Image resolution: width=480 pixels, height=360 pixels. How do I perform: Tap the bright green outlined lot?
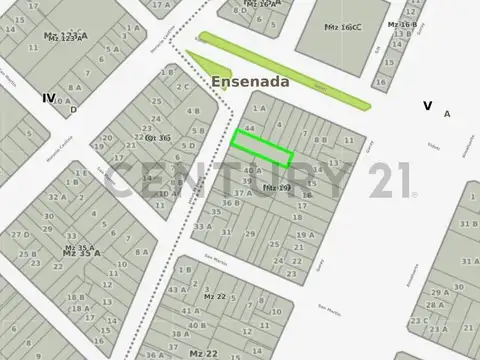coord(263,148)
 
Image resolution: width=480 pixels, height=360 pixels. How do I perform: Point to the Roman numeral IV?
coord(48,98)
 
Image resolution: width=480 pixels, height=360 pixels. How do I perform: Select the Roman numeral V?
coord(427,104)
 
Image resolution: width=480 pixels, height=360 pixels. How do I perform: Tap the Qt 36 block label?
coord(158,137)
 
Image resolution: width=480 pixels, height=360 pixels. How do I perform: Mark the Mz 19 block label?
coord(276,187)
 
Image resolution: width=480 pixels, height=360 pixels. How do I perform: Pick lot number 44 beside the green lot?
coord(249,129)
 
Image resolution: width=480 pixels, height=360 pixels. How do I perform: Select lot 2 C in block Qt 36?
coord(183,86)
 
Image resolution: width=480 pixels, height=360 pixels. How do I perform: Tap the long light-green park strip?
coord(283,70)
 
